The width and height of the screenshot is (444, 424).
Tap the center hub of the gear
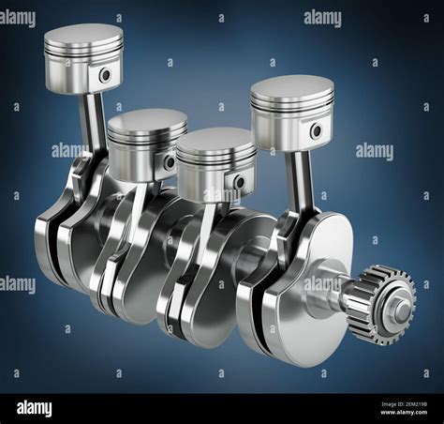pos(401,309)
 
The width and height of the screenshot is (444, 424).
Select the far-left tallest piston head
pos(83,58)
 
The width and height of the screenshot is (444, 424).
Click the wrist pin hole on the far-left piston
pos(105,75)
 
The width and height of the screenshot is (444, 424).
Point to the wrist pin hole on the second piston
pos(170,161)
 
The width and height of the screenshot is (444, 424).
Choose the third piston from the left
pos(216,161)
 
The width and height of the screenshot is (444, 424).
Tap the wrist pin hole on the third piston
pos(240,181)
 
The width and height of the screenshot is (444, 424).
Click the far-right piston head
pos(291,112)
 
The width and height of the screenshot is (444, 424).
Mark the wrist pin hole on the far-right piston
pos(317,130)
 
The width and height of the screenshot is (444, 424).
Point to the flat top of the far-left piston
pos(83,36)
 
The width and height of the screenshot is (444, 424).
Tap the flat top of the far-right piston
pos(292,88)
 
